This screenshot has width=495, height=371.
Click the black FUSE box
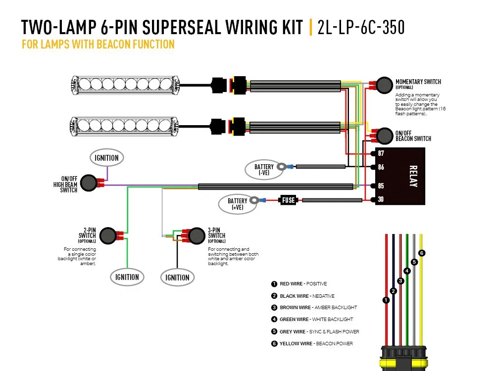(288, 200)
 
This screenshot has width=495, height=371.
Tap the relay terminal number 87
(381, 153)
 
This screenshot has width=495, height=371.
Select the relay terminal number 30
(381, 200)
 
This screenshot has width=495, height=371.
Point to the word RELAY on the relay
(413, 176)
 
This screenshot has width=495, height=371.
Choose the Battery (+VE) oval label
(237, 204)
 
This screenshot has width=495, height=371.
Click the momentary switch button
(384, 85)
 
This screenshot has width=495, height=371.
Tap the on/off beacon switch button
(384, 135)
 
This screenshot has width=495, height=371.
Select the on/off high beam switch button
(88, 183)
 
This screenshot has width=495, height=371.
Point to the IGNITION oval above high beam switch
(106, 158)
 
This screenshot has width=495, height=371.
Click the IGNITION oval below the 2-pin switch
(127, 277)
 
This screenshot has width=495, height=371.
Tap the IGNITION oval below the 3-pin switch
(177, 278)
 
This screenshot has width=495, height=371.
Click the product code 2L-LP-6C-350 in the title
(360, 27)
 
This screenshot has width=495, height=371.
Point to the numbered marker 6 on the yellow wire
(421, 253)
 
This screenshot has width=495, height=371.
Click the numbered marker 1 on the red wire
(386, 300)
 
